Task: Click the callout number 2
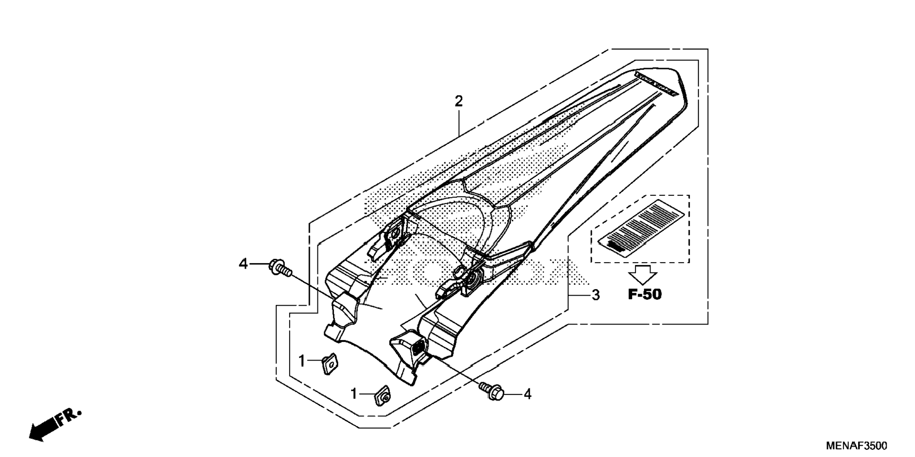coord(458,101)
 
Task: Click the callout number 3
coord(596,295)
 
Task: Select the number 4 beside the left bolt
coord(243,264)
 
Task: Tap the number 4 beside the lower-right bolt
coord(528,394)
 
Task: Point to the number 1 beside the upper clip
coord(302,361)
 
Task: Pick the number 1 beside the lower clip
coord(354,394)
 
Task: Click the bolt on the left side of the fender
coord(279,267)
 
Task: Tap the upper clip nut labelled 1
coord(330,364)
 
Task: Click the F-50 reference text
coord(644,294)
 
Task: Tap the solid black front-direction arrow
coord(43,430)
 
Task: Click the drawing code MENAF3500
coord(856,446)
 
